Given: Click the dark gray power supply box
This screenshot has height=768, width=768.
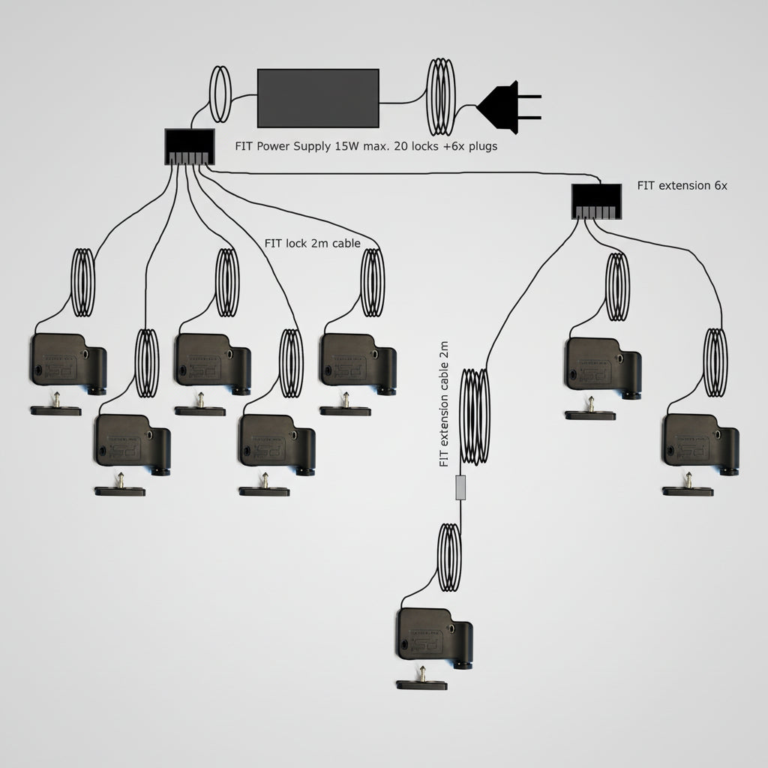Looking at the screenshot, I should pyautogui.click(x=318, y=97).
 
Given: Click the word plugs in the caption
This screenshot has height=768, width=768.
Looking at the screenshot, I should pyautogui.click(x=481, y=147).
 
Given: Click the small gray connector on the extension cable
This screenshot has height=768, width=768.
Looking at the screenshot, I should pyautogui.click(x=462, y=488).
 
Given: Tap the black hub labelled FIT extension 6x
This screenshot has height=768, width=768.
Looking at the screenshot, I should pyautogui.click(x=596, y=201).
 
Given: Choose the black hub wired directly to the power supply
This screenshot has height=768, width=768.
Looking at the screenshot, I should pyautogui.click(x=189, y=146).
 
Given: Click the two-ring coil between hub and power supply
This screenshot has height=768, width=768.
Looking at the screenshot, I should pyautogui.click(x=220, y=94).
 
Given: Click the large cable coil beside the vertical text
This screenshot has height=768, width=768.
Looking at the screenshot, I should pyautogui.click(x=474, y=415).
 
